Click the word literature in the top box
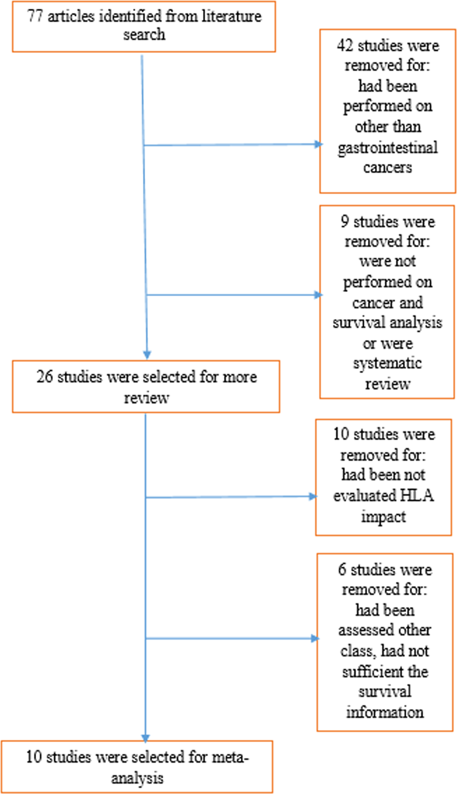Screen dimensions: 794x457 tap(231, 17)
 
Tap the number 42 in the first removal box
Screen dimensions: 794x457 tap(345, 46)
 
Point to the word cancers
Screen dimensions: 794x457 tap(387, 168)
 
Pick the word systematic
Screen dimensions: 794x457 tap(387, 363)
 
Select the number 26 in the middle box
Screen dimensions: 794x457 tap(44, 377)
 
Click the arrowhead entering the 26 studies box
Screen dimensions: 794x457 tap(147, 355)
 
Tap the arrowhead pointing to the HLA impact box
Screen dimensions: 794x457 tap(313, 496)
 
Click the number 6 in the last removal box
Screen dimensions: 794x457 tap(342, 570)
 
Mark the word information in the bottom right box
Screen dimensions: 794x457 tap(385, 712)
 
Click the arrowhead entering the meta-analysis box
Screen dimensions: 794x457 tap(146, 738)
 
